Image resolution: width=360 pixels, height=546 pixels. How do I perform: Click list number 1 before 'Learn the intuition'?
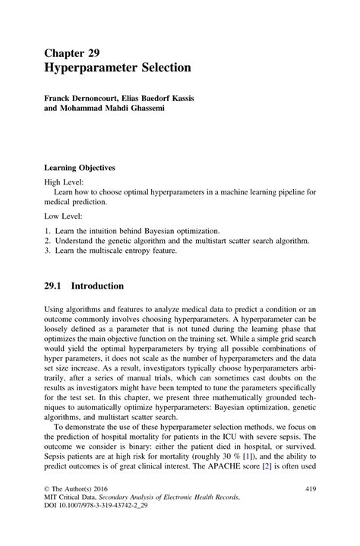pyautogui.click(x=47, y=230)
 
